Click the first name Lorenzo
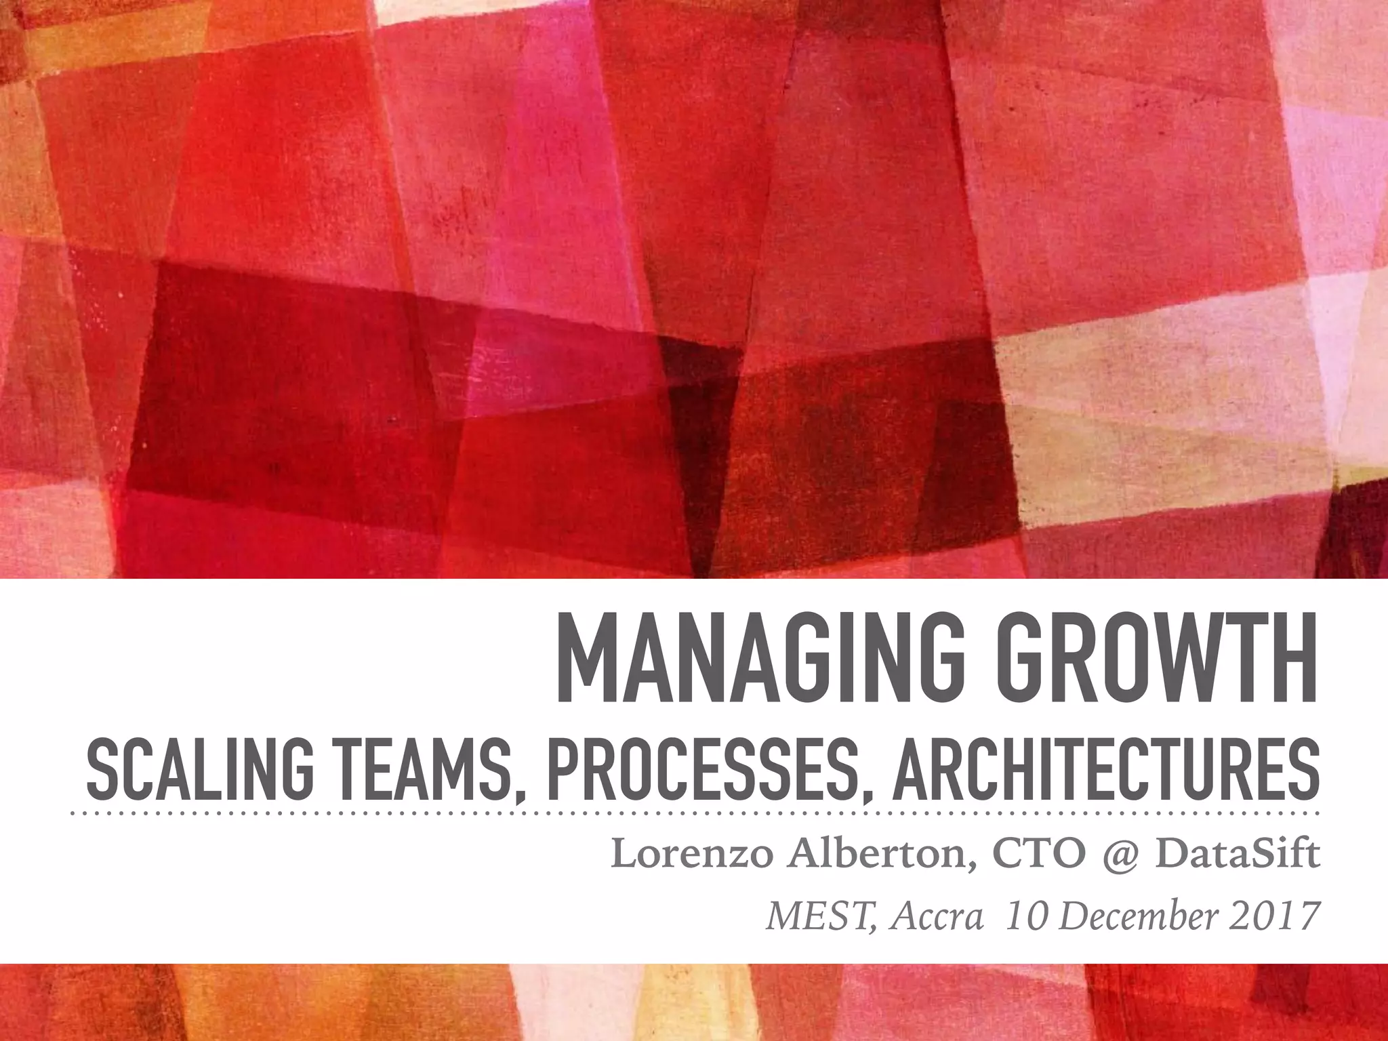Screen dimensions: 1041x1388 [x=691, y=855]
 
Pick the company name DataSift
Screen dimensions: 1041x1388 [x=1237, y=855]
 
